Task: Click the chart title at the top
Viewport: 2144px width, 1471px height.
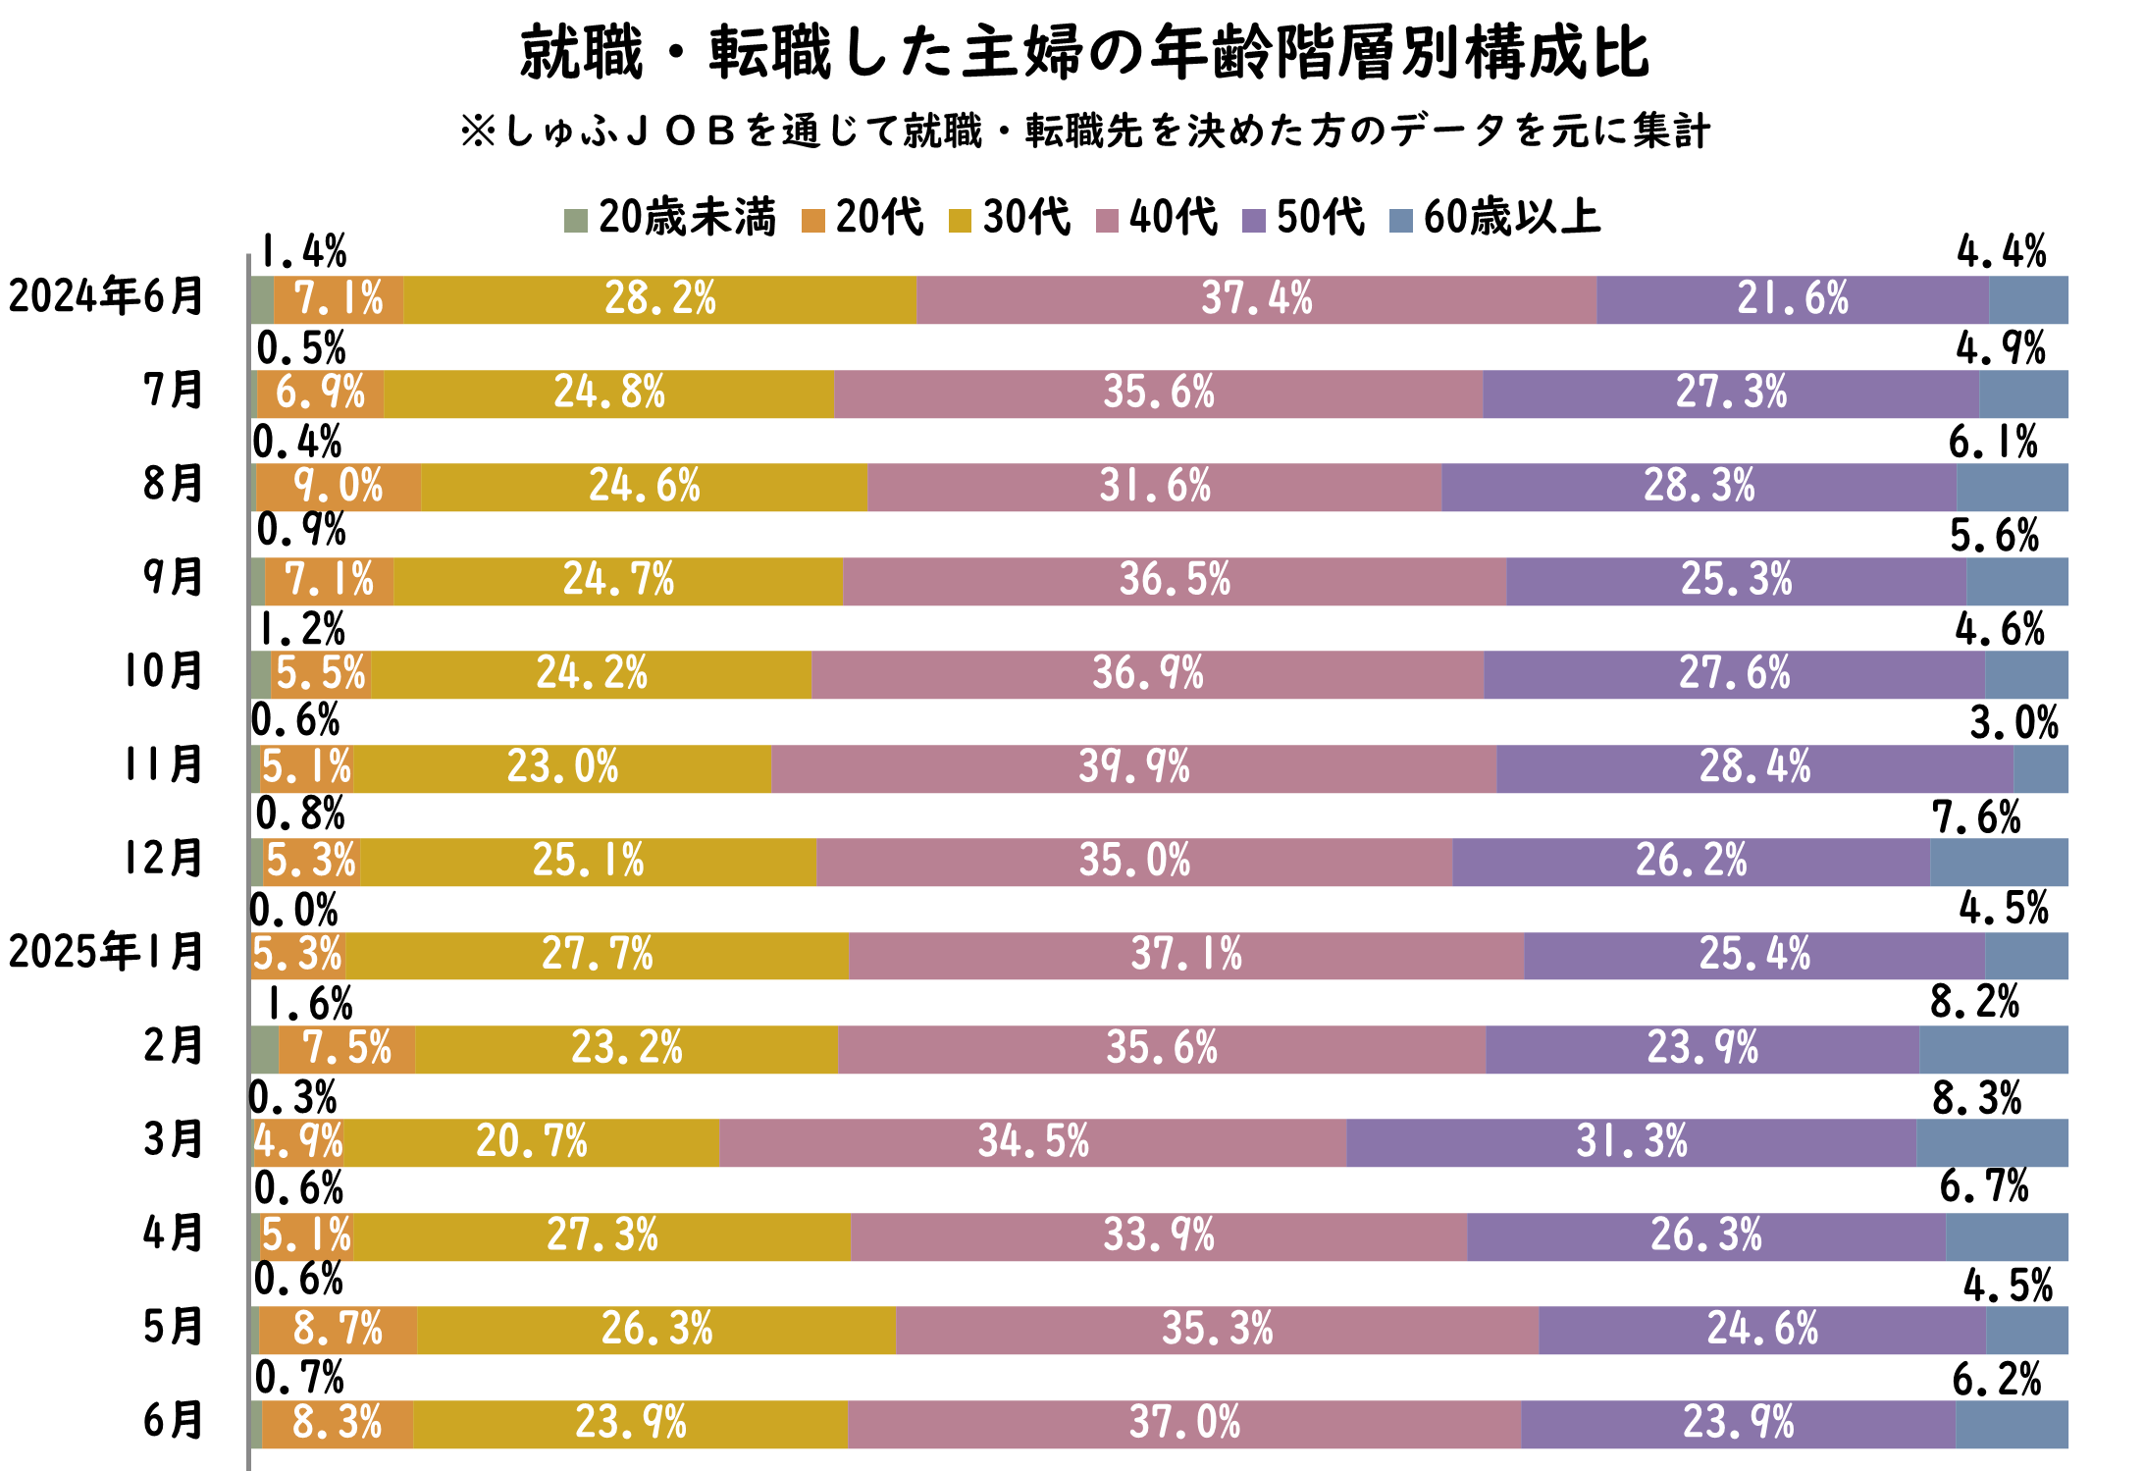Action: coord(1085,53)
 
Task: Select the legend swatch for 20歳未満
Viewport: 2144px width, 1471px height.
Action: coord(576,220)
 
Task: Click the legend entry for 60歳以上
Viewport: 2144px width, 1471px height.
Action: coord(1496,217)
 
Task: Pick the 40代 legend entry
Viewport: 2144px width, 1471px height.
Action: coord(1158,217)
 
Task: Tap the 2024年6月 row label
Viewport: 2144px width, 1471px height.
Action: coord(106,296)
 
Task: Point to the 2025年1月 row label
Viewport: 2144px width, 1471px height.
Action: coord(106,952)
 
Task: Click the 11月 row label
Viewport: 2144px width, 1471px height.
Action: coord(163,764)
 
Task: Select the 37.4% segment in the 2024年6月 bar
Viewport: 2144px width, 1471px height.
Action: coord(1257,299)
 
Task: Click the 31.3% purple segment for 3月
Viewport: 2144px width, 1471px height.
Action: coord(1632,1142)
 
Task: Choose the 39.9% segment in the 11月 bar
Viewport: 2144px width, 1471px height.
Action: coord(1134,768)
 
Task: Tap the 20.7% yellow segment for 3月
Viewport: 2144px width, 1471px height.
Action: coord(532,1142)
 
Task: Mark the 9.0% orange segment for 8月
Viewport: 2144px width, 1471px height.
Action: coord(339,487)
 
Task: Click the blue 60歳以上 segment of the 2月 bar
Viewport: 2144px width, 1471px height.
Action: coord(1994,1049)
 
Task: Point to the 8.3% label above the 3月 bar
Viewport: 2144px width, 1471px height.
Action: coord(1977,1098)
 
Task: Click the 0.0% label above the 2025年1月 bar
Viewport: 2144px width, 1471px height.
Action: coord(294,910)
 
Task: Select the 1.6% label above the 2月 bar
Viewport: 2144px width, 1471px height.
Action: coord(309,1004)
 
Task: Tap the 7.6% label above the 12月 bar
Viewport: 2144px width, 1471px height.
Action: coord(1976,816)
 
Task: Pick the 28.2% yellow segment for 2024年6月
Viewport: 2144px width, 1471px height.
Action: coord(659,299)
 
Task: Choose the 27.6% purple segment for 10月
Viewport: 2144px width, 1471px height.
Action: coord(1735,674)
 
